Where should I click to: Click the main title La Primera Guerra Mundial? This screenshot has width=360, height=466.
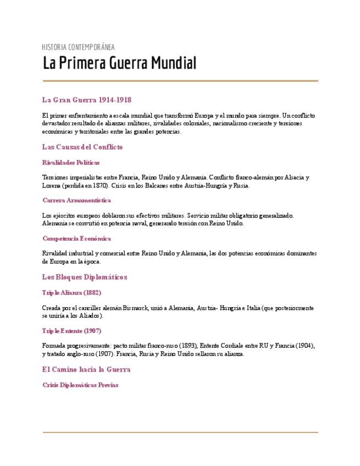click(x=119, y=63)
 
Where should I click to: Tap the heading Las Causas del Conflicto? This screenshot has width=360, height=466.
click(x=82, y=147)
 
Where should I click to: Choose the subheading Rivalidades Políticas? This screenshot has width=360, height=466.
click(x=71, y=163)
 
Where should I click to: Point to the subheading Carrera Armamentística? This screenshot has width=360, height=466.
click(x=76, y=201)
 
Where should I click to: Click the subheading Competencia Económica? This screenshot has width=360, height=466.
click(x=76, y=238)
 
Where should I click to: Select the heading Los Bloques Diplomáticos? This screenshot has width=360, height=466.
click(x=84, y=277)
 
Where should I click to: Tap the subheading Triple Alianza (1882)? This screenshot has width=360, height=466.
click(x=71, y=292)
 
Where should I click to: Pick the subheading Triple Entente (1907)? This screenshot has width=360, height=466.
click(x=71, y=331)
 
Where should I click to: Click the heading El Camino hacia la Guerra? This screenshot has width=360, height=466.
click(x=86, y=369)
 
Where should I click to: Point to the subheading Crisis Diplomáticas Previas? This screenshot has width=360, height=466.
click(x=80, y=385)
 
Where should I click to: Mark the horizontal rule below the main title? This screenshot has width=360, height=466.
click(x=180, y=81)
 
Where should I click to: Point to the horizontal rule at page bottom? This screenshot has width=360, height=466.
click(x=180, y=432)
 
